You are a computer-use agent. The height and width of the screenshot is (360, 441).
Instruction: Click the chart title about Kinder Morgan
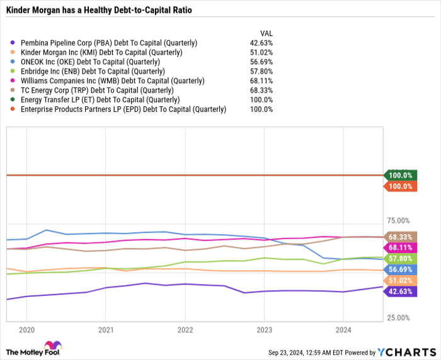tap(100, 11)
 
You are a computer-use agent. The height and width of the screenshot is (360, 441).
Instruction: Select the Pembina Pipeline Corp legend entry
tap(109, 43)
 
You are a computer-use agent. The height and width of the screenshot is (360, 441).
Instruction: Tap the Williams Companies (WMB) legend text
tap(112, 81)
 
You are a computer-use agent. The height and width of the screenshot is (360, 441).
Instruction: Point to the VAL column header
tap(266, 33)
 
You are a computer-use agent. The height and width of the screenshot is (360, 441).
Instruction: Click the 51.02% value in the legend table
tap(261, 52)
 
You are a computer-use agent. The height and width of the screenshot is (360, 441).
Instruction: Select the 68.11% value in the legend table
tap(261, 81)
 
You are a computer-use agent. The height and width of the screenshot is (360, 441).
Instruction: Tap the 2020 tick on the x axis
tap(26, 330)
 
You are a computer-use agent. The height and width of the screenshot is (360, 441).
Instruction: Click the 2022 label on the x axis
tap(185, 330)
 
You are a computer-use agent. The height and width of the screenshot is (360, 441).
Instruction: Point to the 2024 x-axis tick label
tap(343, 330)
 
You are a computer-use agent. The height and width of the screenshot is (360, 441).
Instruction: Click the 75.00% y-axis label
tap(398, 221)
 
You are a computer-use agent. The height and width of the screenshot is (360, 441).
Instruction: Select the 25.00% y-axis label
tap(398, 318)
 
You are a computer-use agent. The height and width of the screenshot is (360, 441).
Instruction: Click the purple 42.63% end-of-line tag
tap(401, 291)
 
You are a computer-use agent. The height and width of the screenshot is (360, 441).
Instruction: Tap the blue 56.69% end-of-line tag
tap(401, 269)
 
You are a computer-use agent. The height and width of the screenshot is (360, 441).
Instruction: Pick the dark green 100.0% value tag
tap(401, 175)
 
